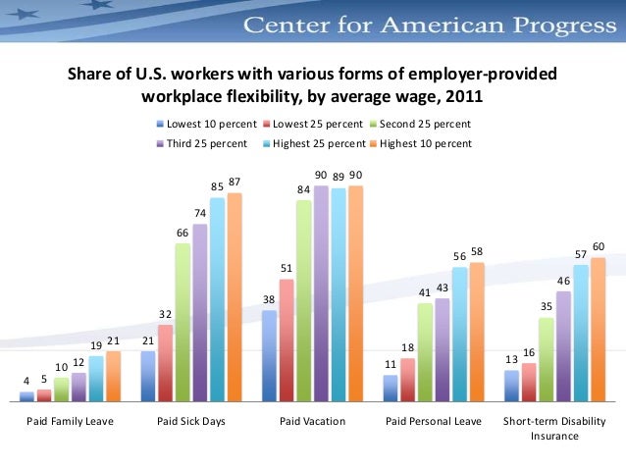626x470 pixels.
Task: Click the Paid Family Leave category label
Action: click(70, 421)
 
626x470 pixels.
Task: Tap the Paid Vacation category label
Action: click(312, 421)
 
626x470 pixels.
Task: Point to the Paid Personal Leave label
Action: click(433, 421)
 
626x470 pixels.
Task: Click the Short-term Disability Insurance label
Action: click(554, 428)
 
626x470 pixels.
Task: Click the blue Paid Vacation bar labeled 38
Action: click(269, 355)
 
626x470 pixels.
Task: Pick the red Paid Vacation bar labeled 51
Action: click(287, 339)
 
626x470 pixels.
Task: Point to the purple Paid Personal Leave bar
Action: click(442, 349)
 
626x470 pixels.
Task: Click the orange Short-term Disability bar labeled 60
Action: click(598, 329)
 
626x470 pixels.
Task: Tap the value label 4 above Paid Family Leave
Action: click(27, 380)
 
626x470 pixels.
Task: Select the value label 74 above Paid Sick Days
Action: click(199, 213)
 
